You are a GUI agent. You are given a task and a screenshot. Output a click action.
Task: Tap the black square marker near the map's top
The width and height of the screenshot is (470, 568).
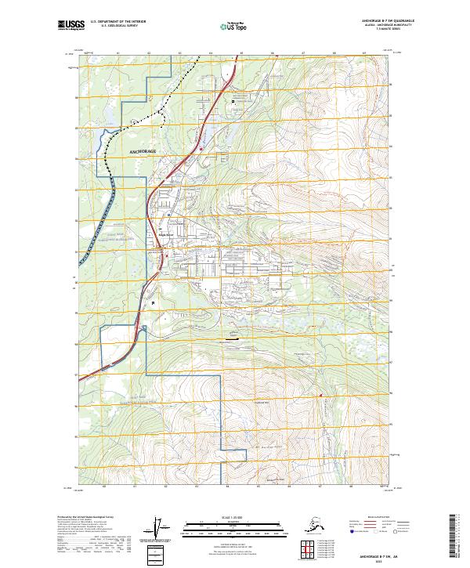[233, 101]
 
